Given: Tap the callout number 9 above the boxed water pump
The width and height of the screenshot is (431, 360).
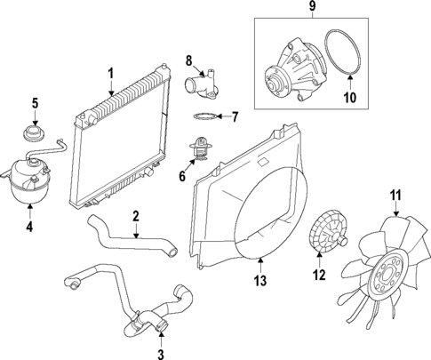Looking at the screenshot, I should [312, 10].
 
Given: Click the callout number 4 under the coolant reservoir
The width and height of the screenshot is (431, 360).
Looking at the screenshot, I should [29, 227].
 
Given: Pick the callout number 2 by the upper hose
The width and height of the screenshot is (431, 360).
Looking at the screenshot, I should [135, 216].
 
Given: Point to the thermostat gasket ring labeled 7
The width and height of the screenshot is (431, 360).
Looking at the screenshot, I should [204, 116].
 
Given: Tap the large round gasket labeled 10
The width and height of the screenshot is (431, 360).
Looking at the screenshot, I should [339, 58].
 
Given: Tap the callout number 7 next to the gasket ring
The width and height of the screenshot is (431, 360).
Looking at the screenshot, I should [235, 116].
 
